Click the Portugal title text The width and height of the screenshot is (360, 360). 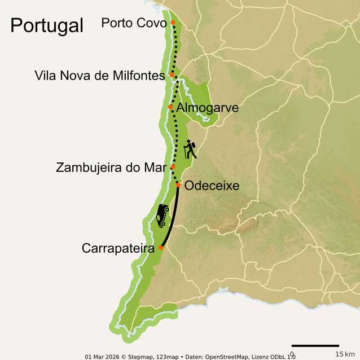click(x=47, y=25)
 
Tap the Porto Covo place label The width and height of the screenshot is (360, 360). click(x=134, y=23)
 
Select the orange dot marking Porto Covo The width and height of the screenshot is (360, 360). click(x=173, y=23)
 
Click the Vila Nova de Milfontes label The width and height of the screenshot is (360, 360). click(x=100, y=75)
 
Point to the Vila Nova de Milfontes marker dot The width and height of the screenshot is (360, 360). click(x=172, y=74)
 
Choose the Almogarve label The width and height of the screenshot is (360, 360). click(x=207, y=107)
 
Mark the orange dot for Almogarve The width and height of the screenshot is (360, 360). click(x=170, y=107)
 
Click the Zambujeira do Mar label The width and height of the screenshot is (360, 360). click(x=112, y=168)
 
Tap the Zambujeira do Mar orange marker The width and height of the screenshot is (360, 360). click(x=173, y=166)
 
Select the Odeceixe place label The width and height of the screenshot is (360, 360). click(x=212, y=186)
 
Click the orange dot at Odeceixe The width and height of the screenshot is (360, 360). click(x=178, y=185)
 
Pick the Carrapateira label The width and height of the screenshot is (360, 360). click(x=117, y=248)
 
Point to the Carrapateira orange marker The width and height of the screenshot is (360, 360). click(x=161, y=247)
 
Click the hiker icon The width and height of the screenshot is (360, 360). click(x=190, y=150)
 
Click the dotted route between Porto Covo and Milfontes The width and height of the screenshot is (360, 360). click(x=175, y=48)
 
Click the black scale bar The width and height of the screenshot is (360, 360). click(x=315, y=345)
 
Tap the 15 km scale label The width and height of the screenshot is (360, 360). click(x=345, y=354)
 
